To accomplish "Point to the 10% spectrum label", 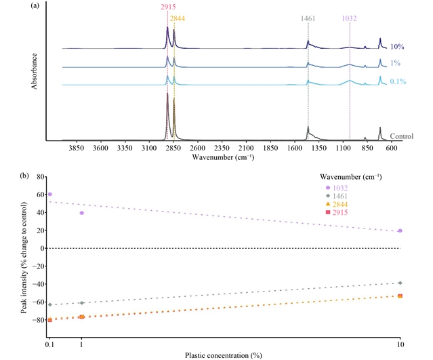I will pos(397,47).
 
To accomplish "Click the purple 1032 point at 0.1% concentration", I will pos(50,195).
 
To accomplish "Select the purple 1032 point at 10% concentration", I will pos(400,231).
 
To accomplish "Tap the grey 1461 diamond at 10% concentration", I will pos(400,283).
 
